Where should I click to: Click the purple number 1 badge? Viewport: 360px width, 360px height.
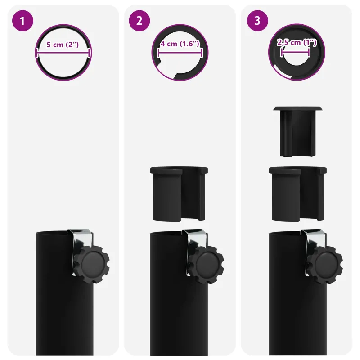22,21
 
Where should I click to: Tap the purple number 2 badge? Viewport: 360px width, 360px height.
139,21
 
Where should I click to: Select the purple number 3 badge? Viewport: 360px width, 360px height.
257,21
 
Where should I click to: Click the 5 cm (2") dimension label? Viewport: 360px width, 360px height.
63,45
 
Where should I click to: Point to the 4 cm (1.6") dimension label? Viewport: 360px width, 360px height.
180,44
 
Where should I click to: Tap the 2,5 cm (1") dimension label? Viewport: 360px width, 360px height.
297,42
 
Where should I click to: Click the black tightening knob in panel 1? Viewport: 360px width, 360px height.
92,264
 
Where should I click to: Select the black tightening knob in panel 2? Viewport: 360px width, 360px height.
206,264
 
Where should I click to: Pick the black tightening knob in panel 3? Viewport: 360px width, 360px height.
325,264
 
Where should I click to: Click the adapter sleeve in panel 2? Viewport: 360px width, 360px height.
179,194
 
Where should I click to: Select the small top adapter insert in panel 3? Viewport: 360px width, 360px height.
298,131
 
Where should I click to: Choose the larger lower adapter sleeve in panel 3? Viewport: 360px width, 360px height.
298,194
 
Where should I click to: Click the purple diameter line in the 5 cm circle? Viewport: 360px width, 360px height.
63,53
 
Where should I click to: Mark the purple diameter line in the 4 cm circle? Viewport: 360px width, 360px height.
180,53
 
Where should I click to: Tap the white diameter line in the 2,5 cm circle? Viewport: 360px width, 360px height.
295,52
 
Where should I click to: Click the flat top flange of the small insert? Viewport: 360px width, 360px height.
298,108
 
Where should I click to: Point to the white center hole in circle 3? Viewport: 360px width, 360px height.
296,57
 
